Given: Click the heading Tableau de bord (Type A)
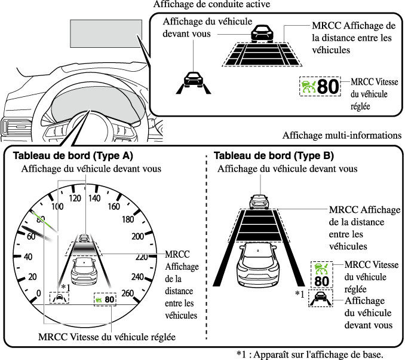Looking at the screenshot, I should [72, 156].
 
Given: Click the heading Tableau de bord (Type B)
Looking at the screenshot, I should [274, 156].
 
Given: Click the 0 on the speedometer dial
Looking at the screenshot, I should [39, 293].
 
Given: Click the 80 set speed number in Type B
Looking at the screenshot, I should [321, 281].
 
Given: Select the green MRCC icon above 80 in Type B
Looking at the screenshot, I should [321, 268].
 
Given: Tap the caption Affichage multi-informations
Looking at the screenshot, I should [342, 136].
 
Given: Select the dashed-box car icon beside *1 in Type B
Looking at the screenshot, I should [320, 298].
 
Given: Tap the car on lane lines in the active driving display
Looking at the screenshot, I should [192, 81].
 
